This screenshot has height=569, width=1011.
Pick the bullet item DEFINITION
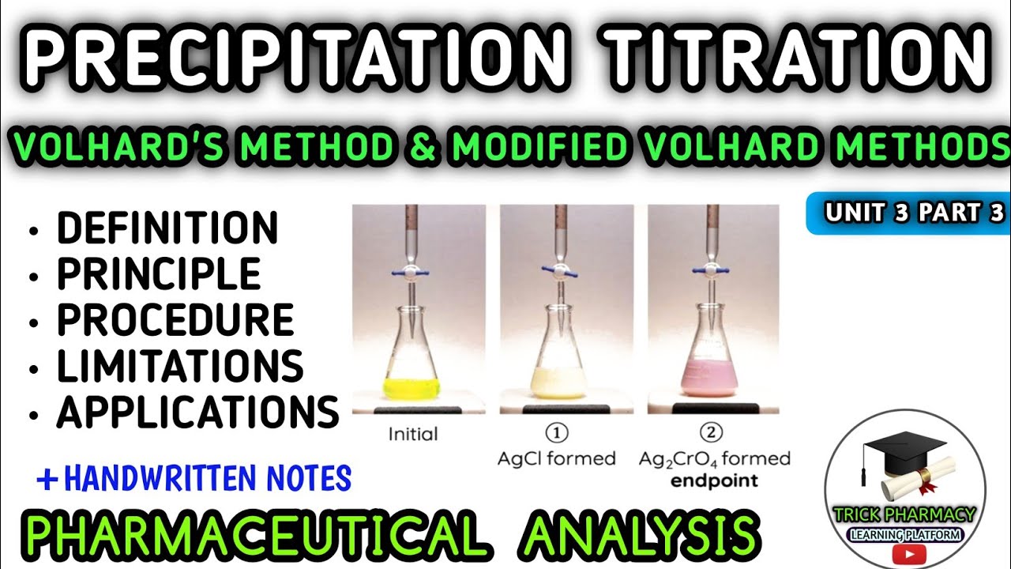click(167, 229)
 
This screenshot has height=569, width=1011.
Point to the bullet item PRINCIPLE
click(158, 274)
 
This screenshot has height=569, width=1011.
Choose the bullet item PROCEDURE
click(175, 320)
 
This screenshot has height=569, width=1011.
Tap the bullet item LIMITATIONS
click(179, 366)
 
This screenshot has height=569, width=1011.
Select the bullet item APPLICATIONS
click(197, 412)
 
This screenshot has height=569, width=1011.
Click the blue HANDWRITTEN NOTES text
click(207, 478)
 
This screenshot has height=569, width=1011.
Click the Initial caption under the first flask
click(413, 434)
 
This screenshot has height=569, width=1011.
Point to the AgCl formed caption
click(557, 459)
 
